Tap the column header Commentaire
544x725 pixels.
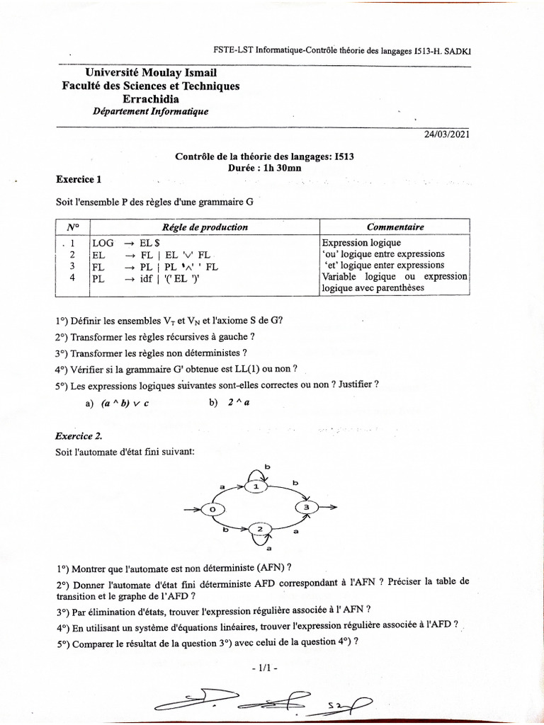pyautogui.click(x=395, y=227)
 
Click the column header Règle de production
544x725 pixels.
pyautogui.click(x=205, y=227)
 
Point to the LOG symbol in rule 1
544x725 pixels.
pyautogui.click(x=103, y=243)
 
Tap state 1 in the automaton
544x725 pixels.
pyautogui.click(x=257, y=486)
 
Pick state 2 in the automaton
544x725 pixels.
pyautogui.click(x=259, y=529)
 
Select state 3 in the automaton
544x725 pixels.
pyautogui.click(x=306, y=508)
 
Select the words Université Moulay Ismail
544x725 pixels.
pyautogui.click(x=151, y=73)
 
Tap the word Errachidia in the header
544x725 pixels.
pyautogui.click(x=151, y=99)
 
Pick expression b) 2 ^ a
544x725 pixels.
pyautogui.click(x=229, y=403)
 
